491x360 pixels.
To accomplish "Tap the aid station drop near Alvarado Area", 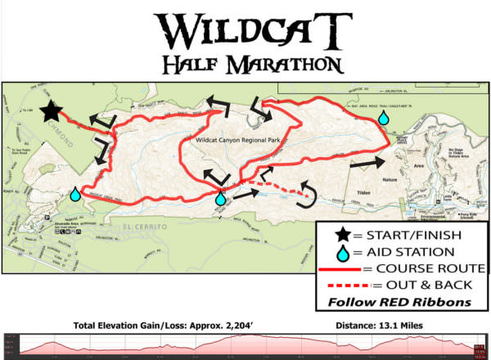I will coord(76,194).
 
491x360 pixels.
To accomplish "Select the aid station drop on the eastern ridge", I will coord(383,118).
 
